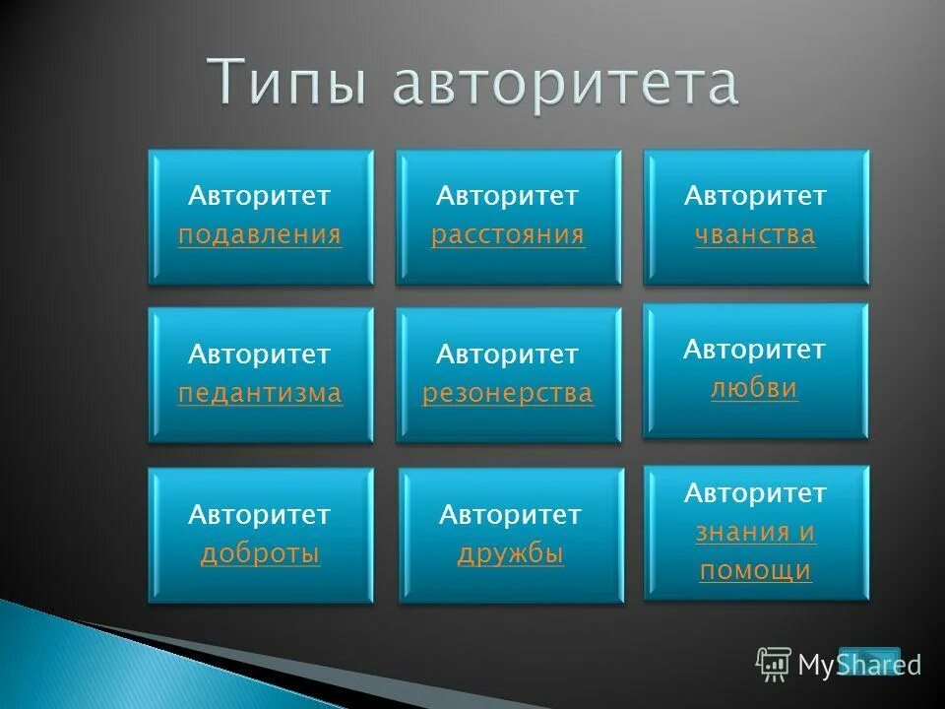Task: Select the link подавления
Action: click(260, 235)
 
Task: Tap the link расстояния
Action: click(508, 235)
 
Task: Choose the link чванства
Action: click(755, 235)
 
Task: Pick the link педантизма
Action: click(260, 394)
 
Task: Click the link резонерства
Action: click(508, 394)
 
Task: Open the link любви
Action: click(754, 389)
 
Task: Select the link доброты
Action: click(260, 554)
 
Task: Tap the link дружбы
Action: click(510, 554)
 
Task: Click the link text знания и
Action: click(755, 533)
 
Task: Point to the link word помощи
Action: click(755, 570)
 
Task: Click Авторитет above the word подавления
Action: click(260, 196)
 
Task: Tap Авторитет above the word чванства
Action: click(755, 196)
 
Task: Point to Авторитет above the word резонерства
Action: click(508, 354)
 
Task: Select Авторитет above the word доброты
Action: click(260, 514)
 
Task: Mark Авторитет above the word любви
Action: click(755, 349)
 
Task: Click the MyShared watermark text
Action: click(859, 666)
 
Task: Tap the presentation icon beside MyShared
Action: click(774, 665)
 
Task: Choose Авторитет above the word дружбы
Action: click(510, 514)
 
